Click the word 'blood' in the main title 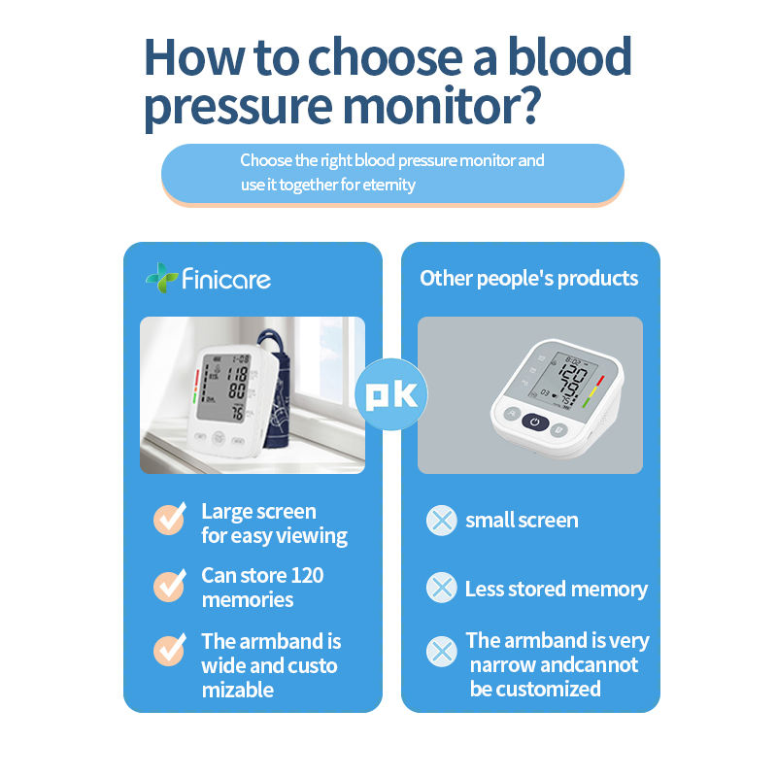click(x=570, y=56)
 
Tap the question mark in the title click(x=526, y=105)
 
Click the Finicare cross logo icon click(x=161, y=278)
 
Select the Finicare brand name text click(x=226, y=279)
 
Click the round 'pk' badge click(x=391, y=394)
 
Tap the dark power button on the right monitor click(x=535, y=422)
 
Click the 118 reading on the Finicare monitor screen click(x=237, y=373)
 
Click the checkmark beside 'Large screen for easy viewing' click(x=170, y=519)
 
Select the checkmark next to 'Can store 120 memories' click(x=170, y=586)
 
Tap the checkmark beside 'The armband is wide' click(x=170, y=650)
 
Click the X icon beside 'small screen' click(x=442, y=521)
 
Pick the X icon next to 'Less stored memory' click(x=442, y=588)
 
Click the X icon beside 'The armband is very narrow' click(x=442, y=652)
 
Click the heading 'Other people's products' click(x=529, y=279)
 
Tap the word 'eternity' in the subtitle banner click(x=389, y=185)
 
